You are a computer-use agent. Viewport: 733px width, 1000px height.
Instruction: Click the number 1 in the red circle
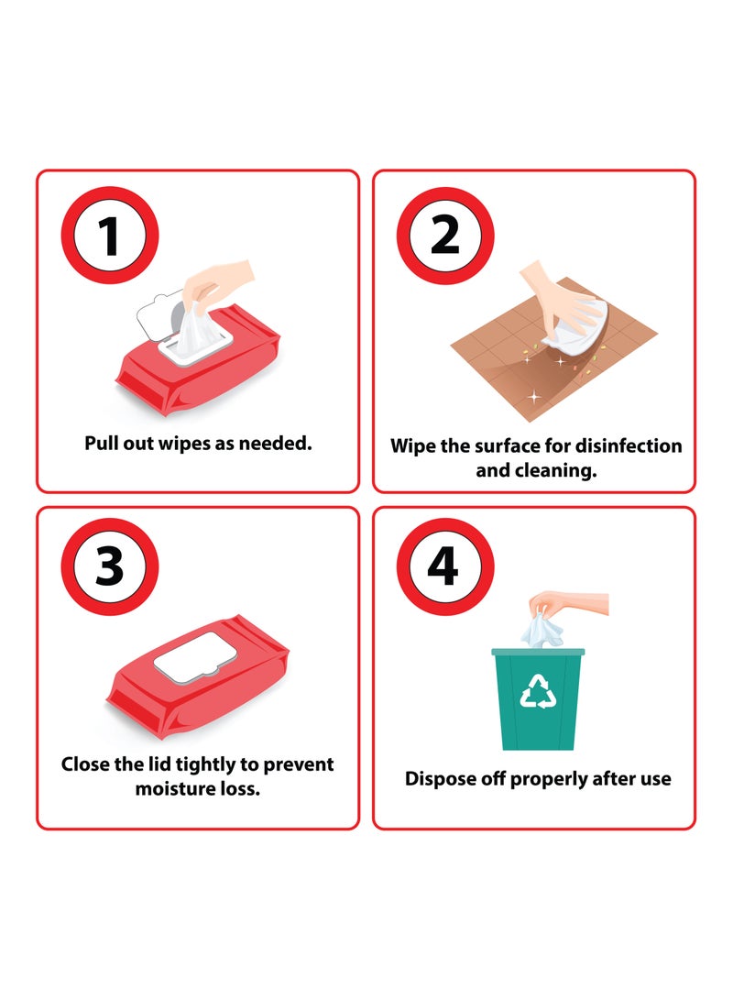point(109,236)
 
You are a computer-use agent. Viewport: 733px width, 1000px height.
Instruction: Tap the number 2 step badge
point(445,236)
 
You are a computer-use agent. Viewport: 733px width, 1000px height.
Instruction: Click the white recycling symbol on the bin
point(538,694)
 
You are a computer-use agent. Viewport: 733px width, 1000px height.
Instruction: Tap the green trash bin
point(538,701)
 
